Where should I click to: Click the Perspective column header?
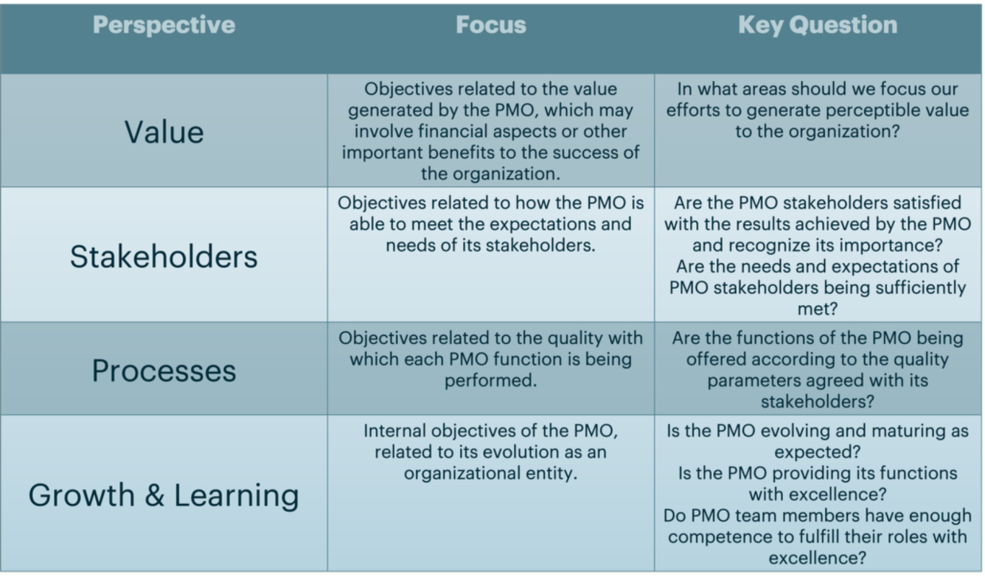pos(164,25)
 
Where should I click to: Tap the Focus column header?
pos(491,25)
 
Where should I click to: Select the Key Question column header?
pos(818,25)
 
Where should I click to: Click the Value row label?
pos(164,132)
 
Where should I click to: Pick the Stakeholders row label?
pos(164,256)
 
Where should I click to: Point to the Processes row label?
pos(164,371)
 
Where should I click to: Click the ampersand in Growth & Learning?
pos(154,495)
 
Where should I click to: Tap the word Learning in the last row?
pos(237,496)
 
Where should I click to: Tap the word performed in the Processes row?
pos(491,381)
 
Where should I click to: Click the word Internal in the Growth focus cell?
pos(395,431)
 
